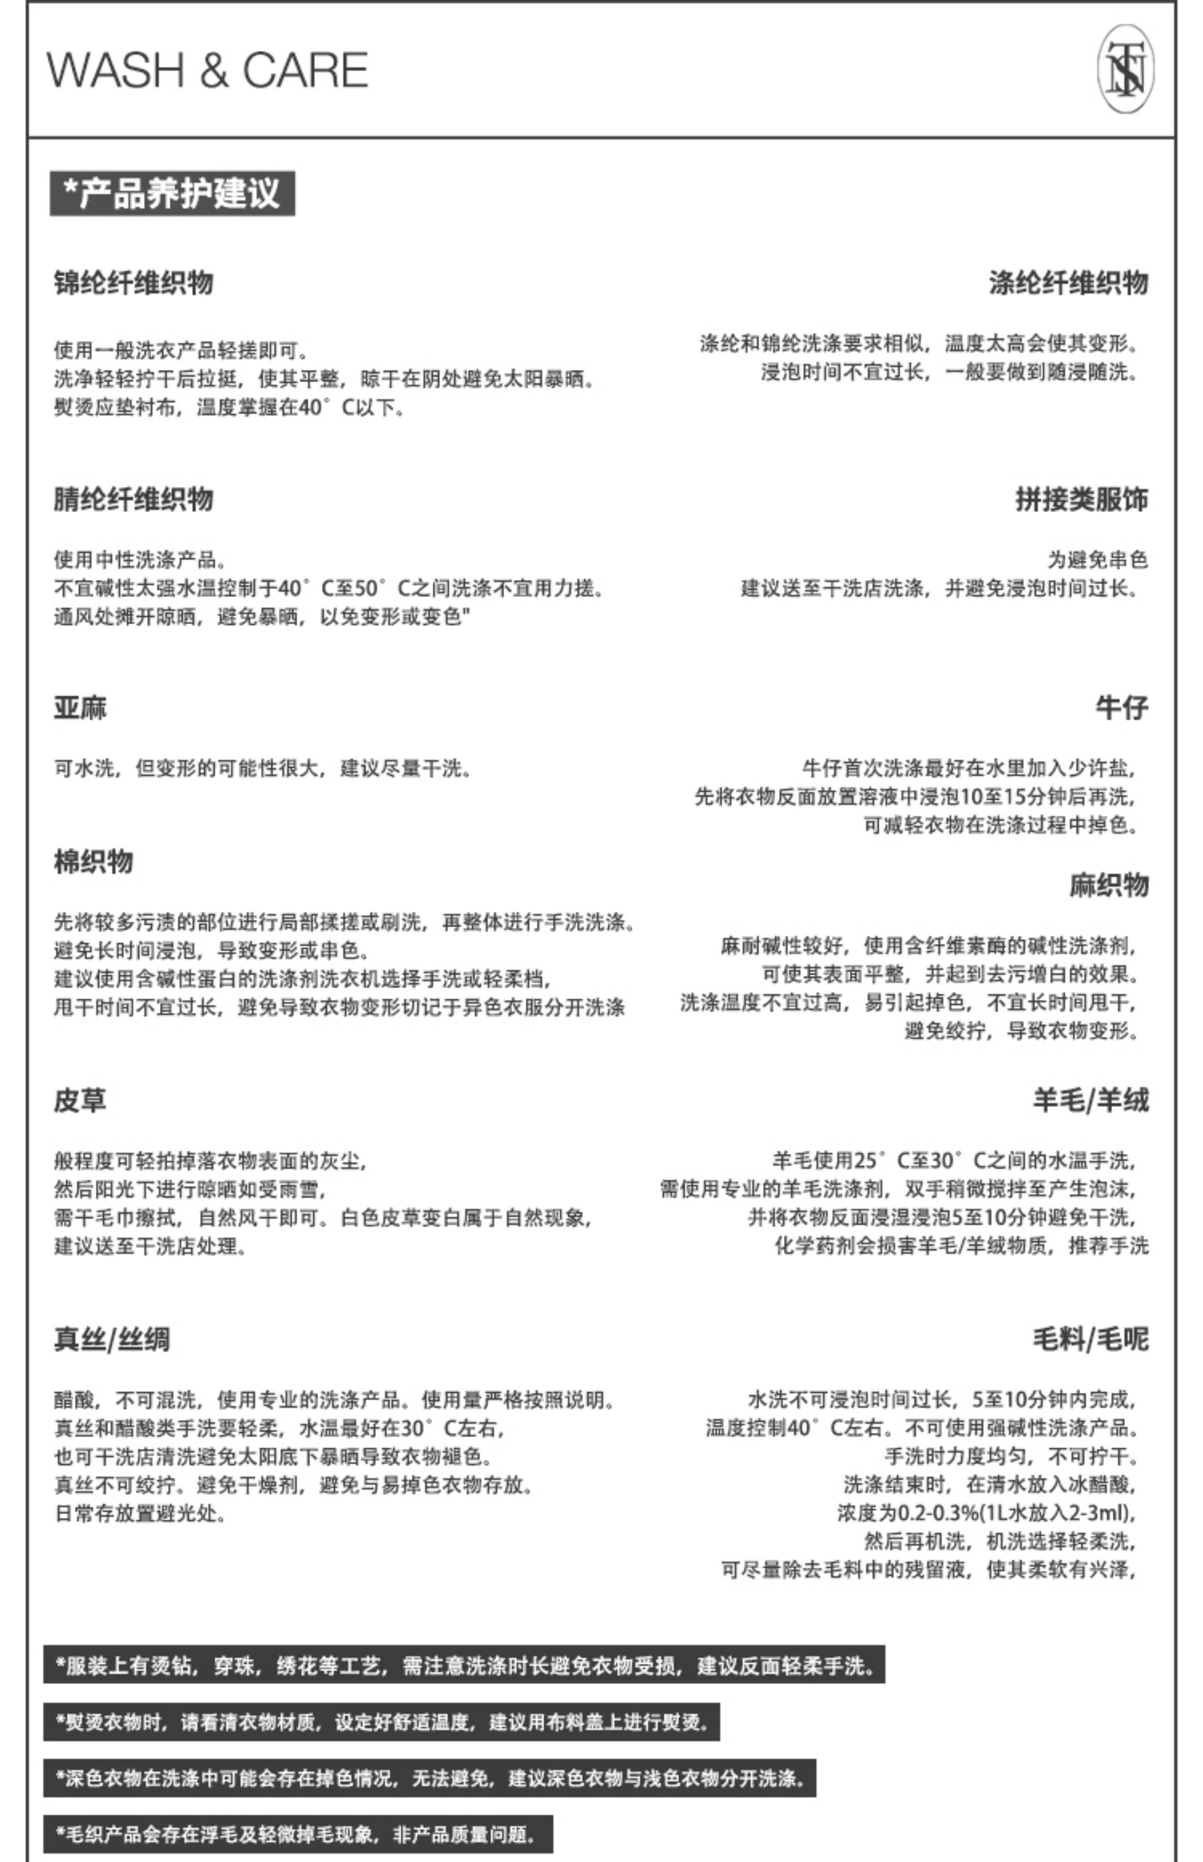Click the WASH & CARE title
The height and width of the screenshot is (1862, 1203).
(x=207, y=70)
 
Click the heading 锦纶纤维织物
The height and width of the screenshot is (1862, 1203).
(x=133, y=283)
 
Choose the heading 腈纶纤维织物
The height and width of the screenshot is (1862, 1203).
(x=133, y=499)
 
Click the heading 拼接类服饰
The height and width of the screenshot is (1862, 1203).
(x=1081, y=499)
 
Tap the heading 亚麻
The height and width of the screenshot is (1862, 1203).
(x=81, y=708)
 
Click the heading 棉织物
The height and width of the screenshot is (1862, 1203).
(x=94, y=862)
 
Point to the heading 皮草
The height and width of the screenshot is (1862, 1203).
(x=81, y=1100)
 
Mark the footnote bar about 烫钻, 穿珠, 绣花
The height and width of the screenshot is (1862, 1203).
(x=464, y=1666)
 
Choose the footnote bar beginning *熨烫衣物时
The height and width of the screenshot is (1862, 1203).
(x=381, y=1722)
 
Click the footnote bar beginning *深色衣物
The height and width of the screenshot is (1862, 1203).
(x=430, y=1779)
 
